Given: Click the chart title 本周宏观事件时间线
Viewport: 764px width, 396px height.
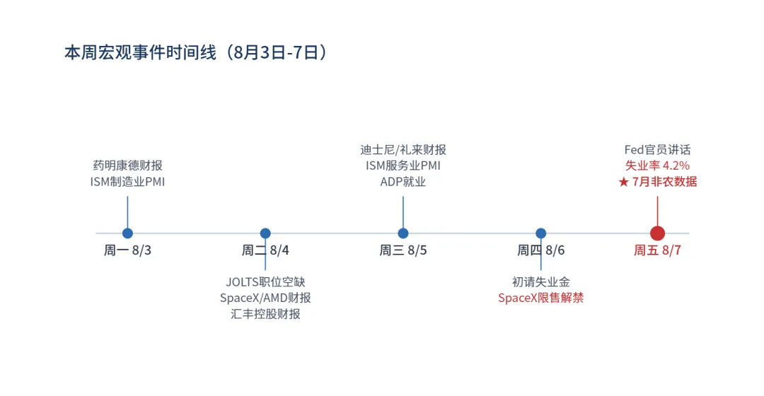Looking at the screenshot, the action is coord(140,52).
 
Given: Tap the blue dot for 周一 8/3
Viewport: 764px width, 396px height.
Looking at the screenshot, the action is coord(127,233).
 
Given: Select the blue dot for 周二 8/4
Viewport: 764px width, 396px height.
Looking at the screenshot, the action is coord(265,233).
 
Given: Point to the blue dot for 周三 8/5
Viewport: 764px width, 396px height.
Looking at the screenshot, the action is coord(403,233).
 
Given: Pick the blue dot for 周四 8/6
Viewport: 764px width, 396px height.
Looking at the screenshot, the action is coord(541,233).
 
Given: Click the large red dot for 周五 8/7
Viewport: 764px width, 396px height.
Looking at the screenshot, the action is coord(657,233).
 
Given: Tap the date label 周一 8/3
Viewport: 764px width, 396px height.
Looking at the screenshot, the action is coord(127,250).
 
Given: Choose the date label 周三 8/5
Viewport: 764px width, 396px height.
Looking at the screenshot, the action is coord(403,250).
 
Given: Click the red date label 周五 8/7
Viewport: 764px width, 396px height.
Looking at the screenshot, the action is coord(657,250).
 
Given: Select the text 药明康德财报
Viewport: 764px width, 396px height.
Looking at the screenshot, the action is coord(127,165).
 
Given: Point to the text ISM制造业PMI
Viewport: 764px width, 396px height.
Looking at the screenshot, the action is coord(127,182).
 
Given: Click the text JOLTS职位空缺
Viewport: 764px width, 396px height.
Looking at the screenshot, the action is coord(265,282).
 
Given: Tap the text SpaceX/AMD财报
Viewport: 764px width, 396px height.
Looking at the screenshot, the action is coord(265,298).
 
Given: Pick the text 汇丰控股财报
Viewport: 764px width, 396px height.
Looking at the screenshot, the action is coord(265,314).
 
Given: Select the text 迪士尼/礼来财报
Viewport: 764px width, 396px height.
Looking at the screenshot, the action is coord(403,149).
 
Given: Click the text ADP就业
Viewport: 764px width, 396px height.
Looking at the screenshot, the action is coord(403,182).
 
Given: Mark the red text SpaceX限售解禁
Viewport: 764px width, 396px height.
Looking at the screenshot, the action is coord(541,298).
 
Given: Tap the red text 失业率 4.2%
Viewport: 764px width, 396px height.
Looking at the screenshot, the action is coord(657,165).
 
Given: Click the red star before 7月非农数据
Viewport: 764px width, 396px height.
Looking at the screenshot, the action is coord(624,182).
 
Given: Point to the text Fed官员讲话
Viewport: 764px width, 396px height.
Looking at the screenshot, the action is coord(657,149).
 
